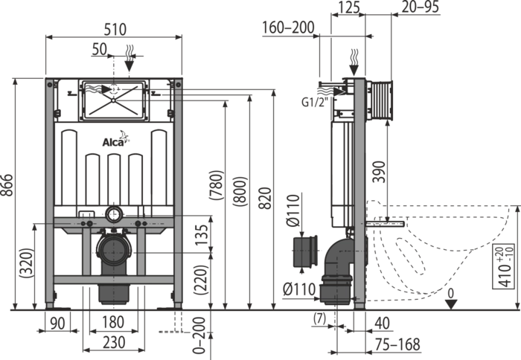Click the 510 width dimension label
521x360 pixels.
115,29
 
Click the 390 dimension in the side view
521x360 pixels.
379,172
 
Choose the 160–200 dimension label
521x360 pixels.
288,28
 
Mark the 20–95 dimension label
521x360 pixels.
421,7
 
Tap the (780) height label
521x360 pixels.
217,185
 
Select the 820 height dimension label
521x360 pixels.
265,199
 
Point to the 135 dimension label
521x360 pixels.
201,235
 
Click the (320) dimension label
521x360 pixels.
27,263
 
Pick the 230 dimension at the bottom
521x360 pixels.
114,343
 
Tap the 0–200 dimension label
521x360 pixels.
199,335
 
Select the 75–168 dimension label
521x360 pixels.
397,344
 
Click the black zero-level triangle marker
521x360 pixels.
450,304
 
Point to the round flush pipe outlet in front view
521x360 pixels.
114,214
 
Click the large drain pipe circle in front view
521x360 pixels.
114,251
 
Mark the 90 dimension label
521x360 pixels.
57,324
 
